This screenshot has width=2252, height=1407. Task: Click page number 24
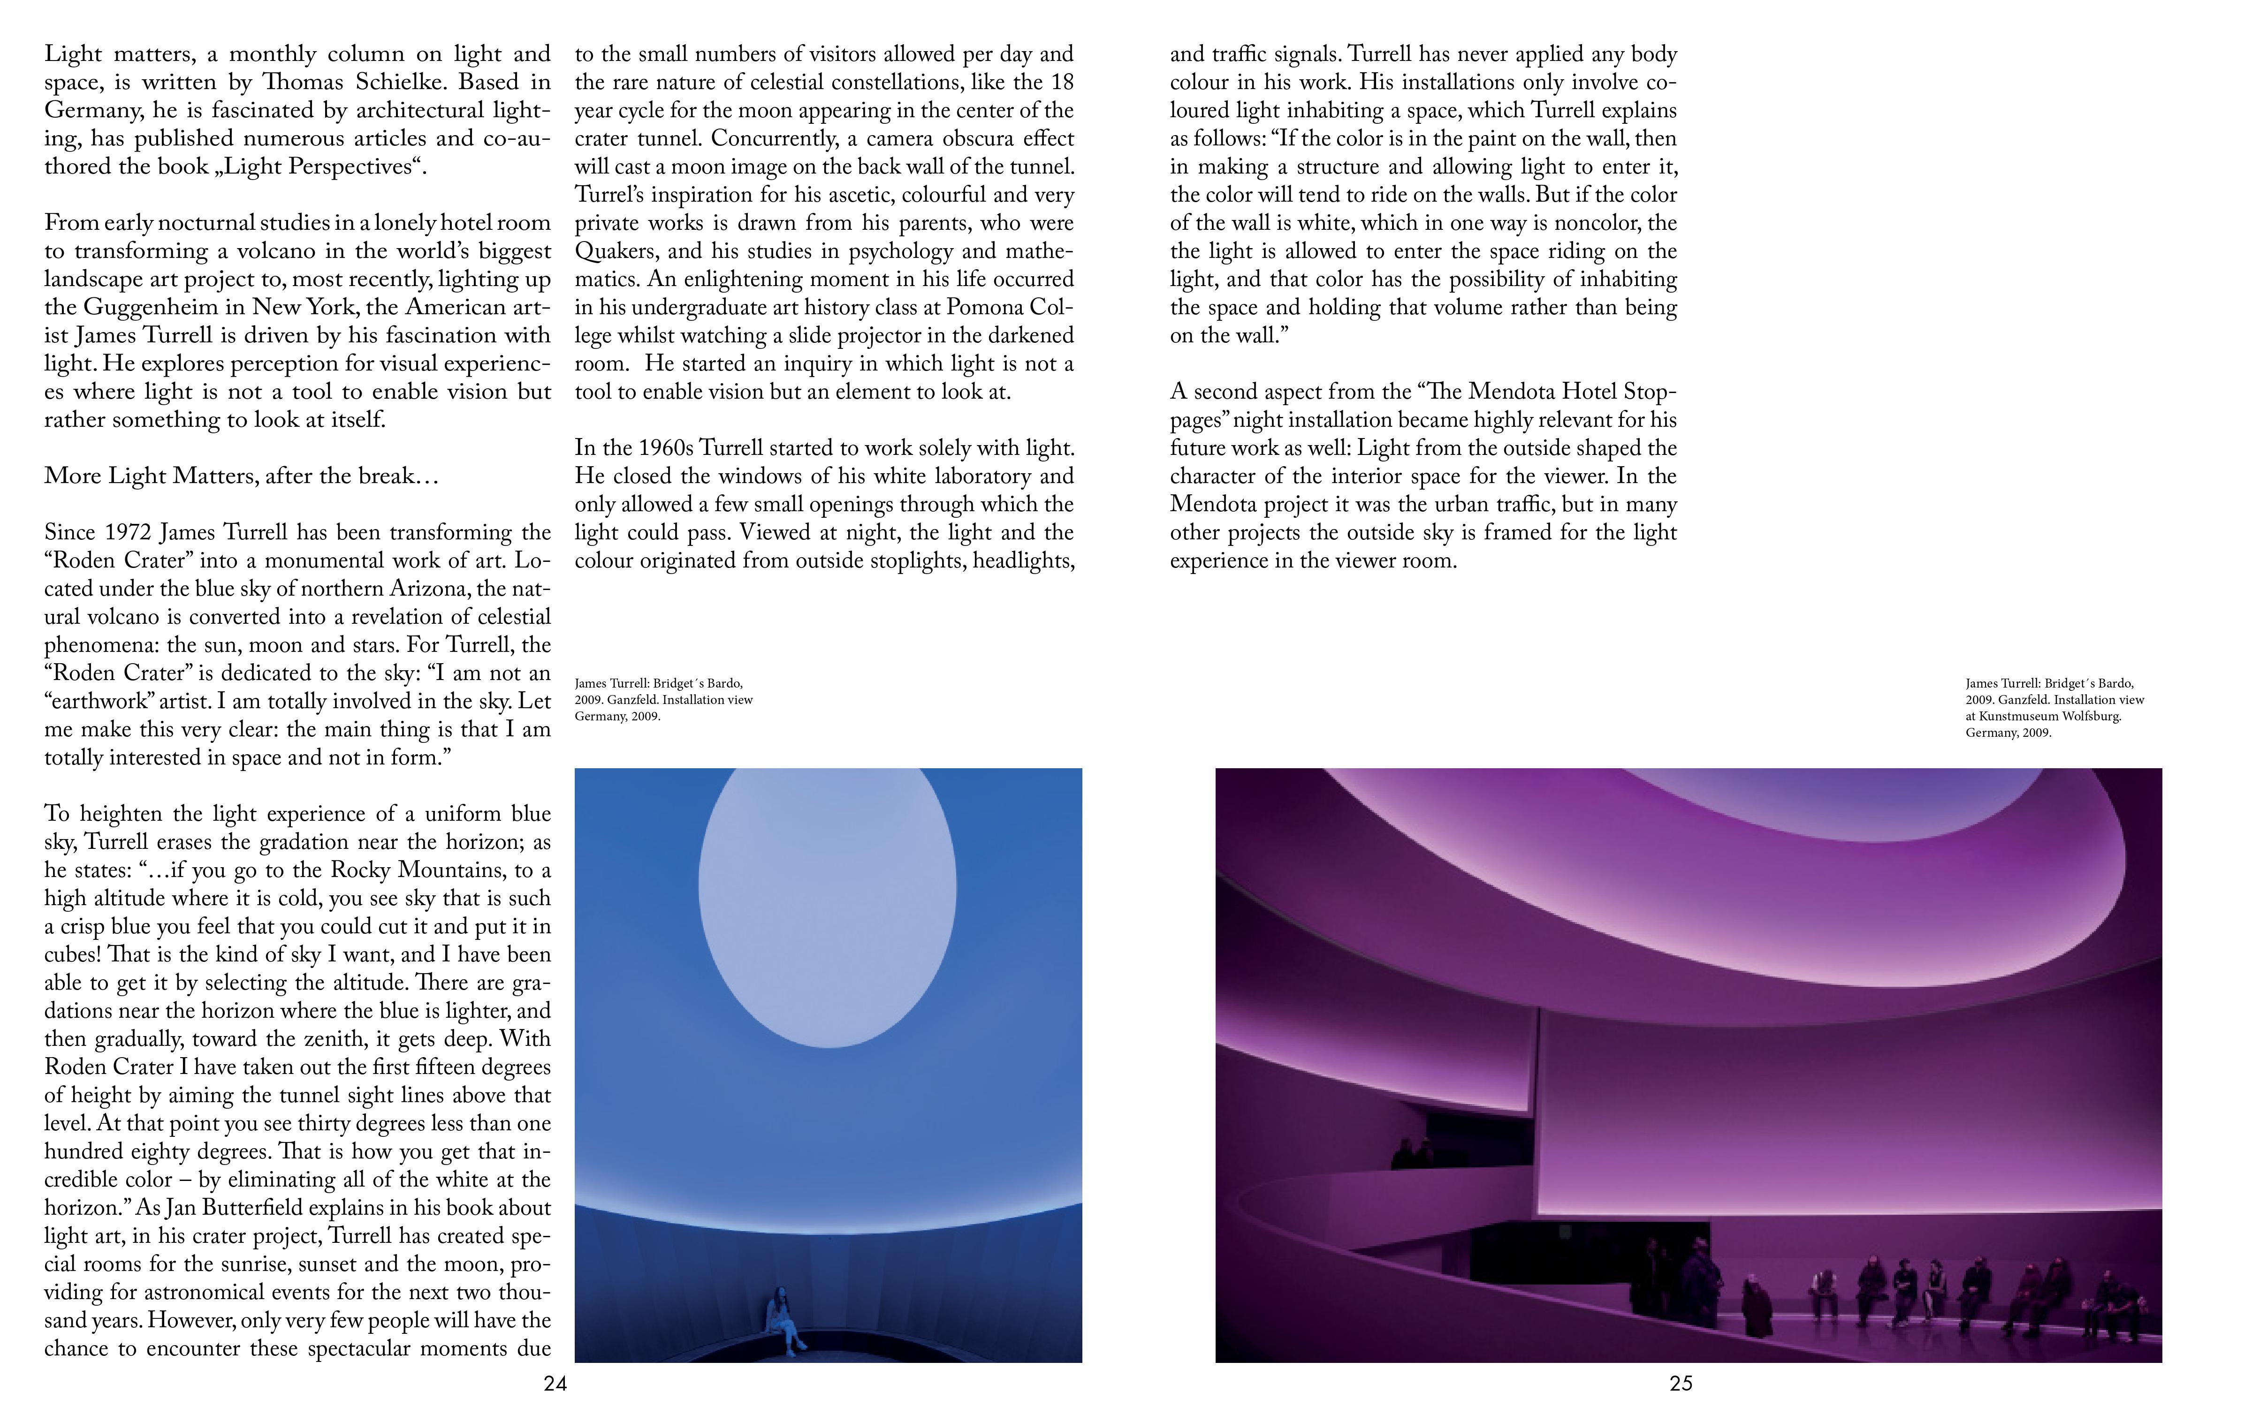click(555, 1384)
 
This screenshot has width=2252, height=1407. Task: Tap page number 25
click(1681, 1384)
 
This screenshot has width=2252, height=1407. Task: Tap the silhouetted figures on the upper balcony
click(1413, 1154)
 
